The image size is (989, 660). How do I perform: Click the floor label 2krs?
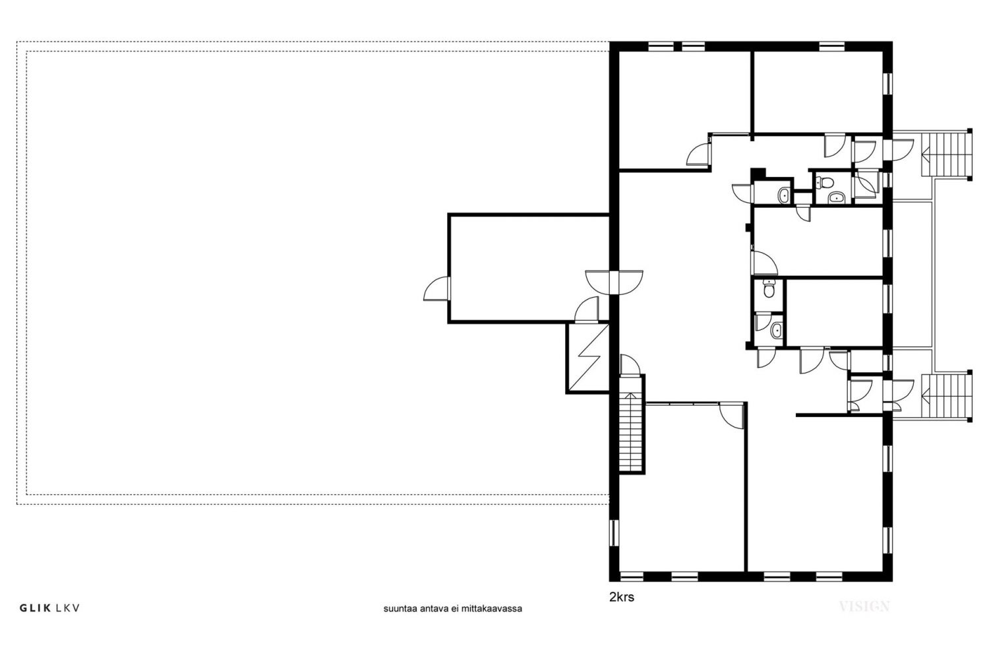[622, 597]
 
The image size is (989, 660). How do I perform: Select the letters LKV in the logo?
[68, 609]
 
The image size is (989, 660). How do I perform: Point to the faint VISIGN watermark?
[864, 607]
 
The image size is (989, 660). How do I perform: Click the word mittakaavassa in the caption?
[492, 609]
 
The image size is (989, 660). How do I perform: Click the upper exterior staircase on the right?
[947, 154]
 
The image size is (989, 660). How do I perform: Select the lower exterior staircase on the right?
[947, 396]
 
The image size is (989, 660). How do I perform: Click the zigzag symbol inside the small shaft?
[588, 358]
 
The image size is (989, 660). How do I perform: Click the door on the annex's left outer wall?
[437, 288]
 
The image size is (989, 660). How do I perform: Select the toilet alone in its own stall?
[769, 290]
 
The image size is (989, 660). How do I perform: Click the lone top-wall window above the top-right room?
[832, 46]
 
